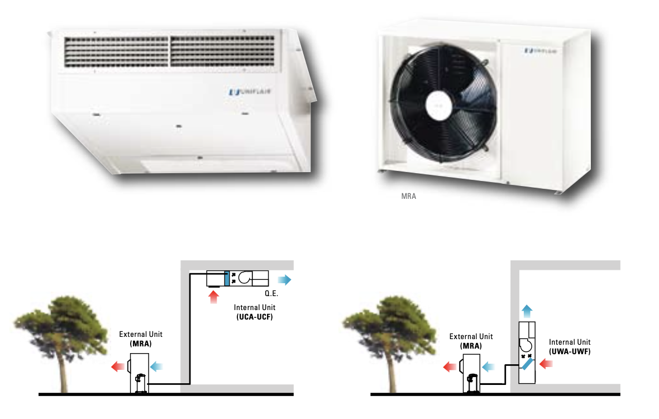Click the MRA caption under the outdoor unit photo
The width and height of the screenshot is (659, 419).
pos(408,196)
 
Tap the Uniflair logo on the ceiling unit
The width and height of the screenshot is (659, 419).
pos(250,92)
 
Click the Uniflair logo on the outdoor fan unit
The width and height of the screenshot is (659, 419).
pos(541,51)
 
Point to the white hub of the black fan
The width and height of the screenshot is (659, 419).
pos(438,105)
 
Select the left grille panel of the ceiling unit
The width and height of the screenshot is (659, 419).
pos(116,52)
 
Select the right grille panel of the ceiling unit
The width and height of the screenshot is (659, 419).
pos(223,51)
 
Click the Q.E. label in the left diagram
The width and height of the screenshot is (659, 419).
pos(271,293)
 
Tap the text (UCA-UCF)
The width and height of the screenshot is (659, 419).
pos(255,317)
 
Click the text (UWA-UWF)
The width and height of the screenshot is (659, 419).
pos(570,351)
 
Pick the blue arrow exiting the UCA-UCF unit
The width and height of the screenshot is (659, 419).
pos(284,279)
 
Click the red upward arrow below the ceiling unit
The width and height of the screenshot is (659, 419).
pos(213,297)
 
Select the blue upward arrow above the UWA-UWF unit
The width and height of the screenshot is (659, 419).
pos(527,311)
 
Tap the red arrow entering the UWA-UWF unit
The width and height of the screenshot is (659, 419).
pos(546,364)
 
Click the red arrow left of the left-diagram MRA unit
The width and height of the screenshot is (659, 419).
pos(118,367)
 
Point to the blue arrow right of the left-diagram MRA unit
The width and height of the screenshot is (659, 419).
pos(156,367)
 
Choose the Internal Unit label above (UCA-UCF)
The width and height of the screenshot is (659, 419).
pos(255,308)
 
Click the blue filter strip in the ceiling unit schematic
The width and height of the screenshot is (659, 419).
pos(227,279)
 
